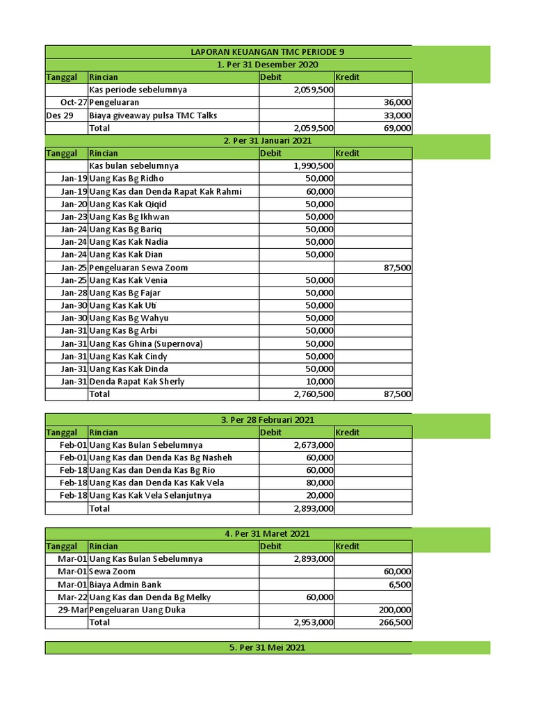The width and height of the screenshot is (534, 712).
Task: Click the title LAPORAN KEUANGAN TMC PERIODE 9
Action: pos(268,52)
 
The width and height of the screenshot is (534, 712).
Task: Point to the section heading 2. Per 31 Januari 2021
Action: pos(268,140)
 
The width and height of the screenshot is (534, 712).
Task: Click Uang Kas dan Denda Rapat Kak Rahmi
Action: pos(165,191)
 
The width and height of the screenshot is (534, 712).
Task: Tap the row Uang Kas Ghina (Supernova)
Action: pos(145,343)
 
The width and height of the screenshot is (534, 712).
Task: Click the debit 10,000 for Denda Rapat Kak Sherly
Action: pos(320,382)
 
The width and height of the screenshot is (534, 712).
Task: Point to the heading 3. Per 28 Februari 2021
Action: pos(268,419)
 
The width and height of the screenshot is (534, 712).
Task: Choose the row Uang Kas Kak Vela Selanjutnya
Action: pos(150,496)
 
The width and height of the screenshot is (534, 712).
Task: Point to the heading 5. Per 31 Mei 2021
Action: pos(268,647)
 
